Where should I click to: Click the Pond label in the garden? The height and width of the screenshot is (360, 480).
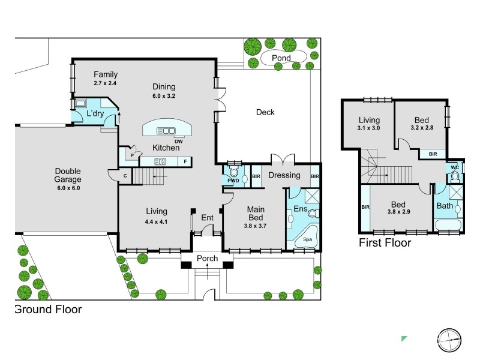click(281, 58)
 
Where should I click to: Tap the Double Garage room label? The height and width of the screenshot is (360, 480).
click(68, 175)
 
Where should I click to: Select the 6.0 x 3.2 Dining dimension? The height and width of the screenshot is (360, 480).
click(164, 96)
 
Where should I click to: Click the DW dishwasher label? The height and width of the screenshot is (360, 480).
click(178, 142)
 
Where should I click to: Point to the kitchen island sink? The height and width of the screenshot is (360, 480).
click(166, 131)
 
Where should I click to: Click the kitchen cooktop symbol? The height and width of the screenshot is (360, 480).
click(160, 161)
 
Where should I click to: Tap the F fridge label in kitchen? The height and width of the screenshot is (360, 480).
click(185, 161)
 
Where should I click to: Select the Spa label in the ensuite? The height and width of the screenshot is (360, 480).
click(307, 239)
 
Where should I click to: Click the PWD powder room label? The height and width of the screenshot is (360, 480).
click(233, 181)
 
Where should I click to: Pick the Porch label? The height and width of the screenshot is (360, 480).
click(207, 259)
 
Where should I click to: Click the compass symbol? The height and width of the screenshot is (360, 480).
click(449, 340)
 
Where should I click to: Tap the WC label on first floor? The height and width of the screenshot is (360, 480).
click(455, 167)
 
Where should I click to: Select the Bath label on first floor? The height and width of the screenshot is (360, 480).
click(445, 206)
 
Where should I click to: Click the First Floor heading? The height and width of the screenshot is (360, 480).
click(385, 243)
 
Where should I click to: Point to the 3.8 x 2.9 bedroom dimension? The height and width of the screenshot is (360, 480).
click(398, 212)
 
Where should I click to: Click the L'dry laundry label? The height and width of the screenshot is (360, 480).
click(95, 113)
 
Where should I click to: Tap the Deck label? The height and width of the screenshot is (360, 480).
click(265, 112)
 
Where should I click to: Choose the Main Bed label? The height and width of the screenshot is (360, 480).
click(256, 214)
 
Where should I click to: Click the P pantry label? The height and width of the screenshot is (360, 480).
click(132, 155)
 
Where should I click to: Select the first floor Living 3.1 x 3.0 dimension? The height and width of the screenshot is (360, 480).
click(368, 128)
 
